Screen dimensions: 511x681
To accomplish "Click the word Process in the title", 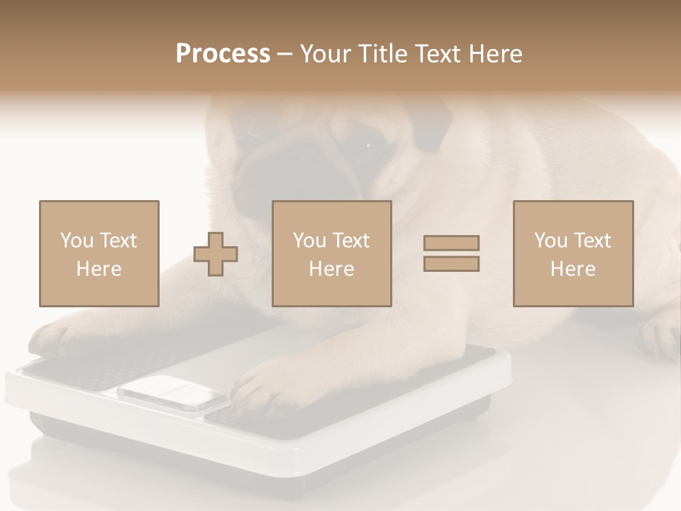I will (x=223, y=54).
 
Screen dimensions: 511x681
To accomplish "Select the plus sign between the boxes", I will (x=216, y=254).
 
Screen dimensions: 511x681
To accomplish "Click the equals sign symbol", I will (x=451, y=253).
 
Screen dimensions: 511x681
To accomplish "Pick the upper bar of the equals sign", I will (x=451, y=243).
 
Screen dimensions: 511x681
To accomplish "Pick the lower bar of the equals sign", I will (x=451, y=264).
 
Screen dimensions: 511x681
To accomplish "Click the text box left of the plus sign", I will (x=99, y=253).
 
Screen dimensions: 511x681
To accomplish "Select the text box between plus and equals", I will (x=331, y=253).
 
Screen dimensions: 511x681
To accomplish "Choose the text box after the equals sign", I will (x=572, y=253).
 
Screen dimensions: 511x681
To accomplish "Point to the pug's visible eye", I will (x=368, y=145).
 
